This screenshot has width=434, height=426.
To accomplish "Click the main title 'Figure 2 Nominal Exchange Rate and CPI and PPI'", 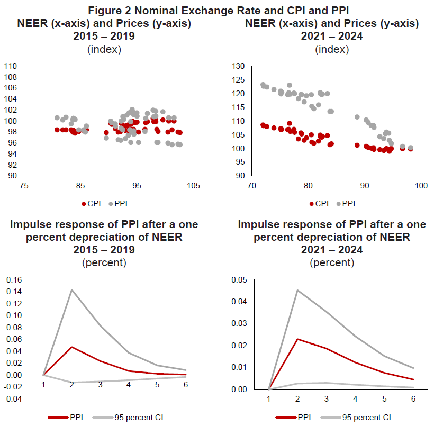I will pos(216,10).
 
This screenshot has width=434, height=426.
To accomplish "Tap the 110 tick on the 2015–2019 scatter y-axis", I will pos(11,66).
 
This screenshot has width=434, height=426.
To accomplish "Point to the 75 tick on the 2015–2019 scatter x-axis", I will pos(23,186).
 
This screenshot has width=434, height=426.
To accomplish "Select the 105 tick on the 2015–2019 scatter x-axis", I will pos(194,186).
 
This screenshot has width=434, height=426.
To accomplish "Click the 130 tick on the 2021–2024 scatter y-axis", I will pos(239,66).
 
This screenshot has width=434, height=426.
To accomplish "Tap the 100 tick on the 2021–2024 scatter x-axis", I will pos(421,186).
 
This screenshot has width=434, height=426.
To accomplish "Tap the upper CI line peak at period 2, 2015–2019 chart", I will pos(72,289).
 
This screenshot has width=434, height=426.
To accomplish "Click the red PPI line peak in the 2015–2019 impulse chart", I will pos(72,347).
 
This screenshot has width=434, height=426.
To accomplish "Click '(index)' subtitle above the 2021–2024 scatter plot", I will pos(332,49).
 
